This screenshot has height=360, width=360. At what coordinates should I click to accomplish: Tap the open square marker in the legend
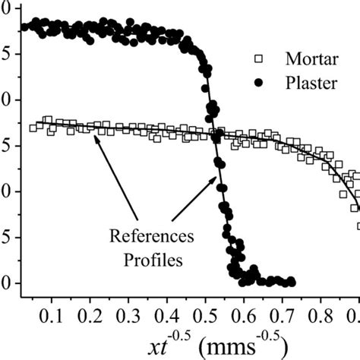(x=261, y=58)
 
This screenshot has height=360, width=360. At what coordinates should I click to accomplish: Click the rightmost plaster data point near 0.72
(x=291, y=282)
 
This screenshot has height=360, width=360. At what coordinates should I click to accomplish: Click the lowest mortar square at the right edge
(x=358, y=226)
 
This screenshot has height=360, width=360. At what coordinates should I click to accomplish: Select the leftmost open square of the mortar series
(x=33, y=128)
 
